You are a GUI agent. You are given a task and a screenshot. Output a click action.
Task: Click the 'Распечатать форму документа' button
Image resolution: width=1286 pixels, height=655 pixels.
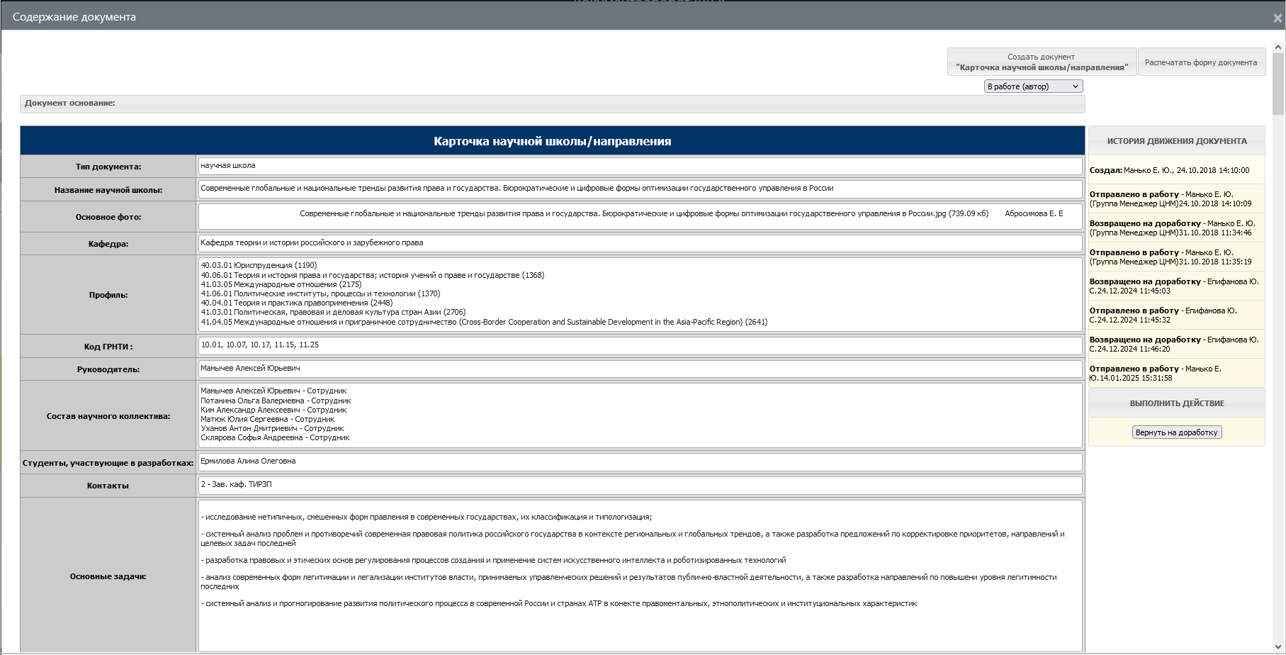(1201, 62)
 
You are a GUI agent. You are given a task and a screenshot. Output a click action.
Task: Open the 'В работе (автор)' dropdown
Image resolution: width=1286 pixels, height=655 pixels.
(1033, 86)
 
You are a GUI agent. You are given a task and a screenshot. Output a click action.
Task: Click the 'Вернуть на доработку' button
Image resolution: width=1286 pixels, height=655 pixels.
(1176, 432)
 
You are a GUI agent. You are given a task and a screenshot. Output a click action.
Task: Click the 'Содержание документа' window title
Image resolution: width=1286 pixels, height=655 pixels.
(74, 17)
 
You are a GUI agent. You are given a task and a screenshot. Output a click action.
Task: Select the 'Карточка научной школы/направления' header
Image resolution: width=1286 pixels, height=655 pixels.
(552, 141)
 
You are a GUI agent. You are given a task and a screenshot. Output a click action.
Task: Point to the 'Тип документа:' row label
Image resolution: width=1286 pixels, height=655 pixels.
(108, 167)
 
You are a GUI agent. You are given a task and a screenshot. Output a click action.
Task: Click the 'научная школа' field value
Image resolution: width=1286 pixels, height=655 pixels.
(228, 166)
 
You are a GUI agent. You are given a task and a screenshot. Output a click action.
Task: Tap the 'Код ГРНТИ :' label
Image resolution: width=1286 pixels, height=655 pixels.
(108, 347)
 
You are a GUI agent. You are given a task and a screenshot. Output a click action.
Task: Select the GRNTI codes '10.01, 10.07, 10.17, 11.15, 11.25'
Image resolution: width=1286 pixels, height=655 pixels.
(259, 345)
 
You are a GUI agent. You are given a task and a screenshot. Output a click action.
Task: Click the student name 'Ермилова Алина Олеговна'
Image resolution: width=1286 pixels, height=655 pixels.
(248, 461)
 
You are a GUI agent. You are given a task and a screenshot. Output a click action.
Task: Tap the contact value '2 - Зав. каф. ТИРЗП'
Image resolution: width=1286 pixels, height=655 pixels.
(236, 485)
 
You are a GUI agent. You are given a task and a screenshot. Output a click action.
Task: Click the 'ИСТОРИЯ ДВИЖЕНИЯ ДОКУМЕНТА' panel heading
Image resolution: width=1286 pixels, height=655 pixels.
(1176, 141)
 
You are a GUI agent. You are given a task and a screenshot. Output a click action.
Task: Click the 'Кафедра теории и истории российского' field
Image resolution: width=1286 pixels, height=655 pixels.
(312, 243)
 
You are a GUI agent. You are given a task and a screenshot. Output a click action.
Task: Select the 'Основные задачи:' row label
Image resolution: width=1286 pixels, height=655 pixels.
(108, 576)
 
